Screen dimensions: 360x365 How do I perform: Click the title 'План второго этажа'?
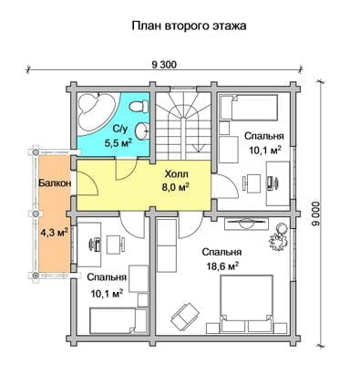(x=189, y=26)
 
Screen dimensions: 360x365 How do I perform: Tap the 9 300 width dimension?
(x=164, y=64)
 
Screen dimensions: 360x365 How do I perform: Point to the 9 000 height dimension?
(x=316, y=213)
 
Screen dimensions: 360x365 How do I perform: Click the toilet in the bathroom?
(x=139, y=107)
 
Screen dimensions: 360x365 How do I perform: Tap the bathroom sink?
(x=142, y=131)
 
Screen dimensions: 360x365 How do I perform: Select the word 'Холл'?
(x=176, y=174)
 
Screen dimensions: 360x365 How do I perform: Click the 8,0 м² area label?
(x=176, y=186)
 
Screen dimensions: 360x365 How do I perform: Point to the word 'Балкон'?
(x=55, y=183)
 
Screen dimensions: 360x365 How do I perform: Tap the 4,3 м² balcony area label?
(x=54, y=233)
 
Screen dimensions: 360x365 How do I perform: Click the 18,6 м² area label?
(x=221, y=266)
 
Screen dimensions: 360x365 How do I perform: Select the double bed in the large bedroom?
(x=246, y=303)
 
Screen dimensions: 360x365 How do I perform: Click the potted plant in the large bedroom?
(x=279, y=237)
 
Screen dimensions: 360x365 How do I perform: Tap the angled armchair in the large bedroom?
(x=185, y=315)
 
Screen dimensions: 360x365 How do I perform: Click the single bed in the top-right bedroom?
(x=249, y=108)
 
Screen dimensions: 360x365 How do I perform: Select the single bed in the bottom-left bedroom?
(x=112, y=320)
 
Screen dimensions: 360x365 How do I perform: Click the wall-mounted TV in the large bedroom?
(x=246, y=224)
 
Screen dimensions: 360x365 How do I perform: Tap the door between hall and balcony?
(x=87, y=182)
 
